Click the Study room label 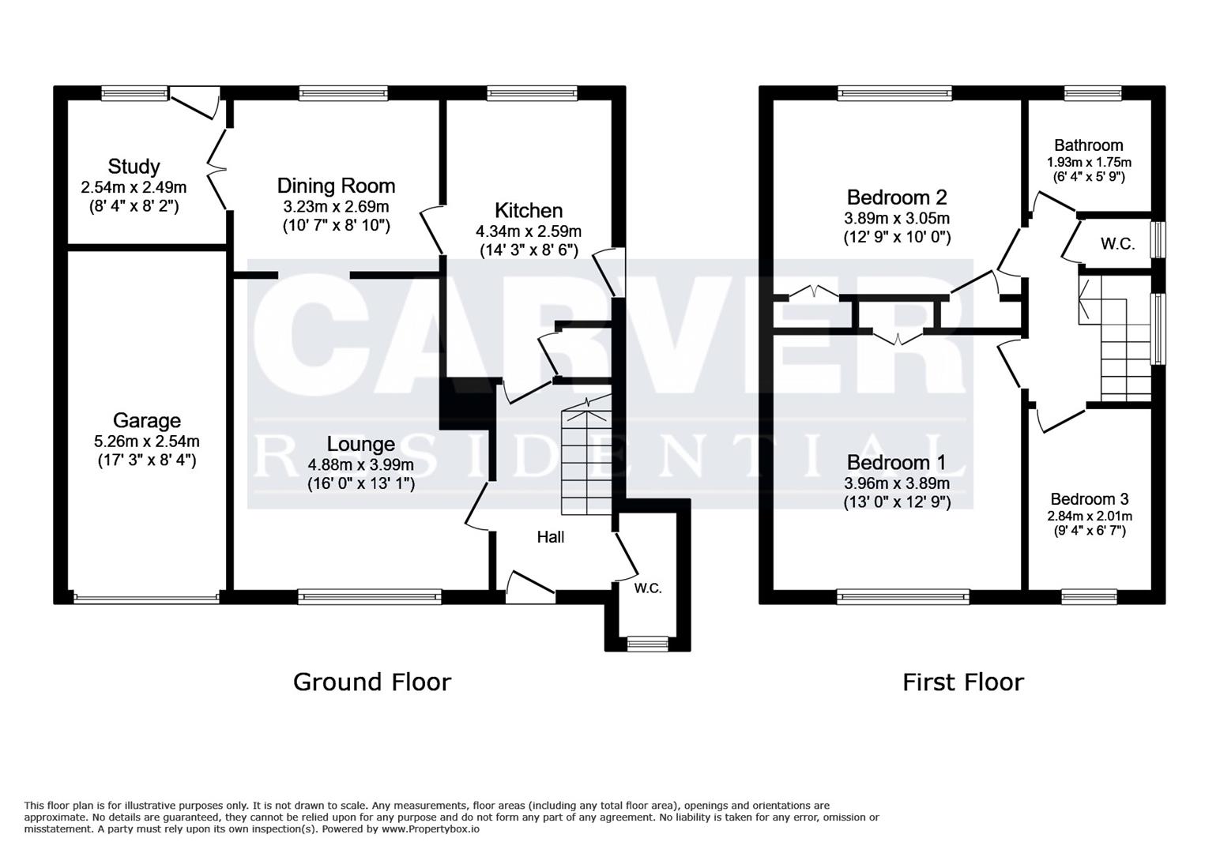[134, 167]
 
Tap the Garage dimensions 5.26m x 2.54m [146, 442]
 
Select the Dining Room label [336, 186]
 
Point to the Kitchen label [529, 210]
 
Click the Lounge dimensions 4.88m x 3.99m [360, 464]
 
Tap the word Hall [551, 537]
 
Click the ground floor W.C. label [648, 588]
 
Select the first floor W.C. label [1117, 244]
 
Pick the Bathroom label [1088, 145]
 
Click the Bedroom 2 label [897, 197]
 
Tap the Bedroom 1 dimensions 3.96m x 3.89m [897, 483]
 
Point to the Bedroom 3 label [1089, 499]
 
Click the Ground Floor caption [371, 682]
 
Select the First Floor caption [962, 682]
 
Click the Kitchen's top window [532, 93]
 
